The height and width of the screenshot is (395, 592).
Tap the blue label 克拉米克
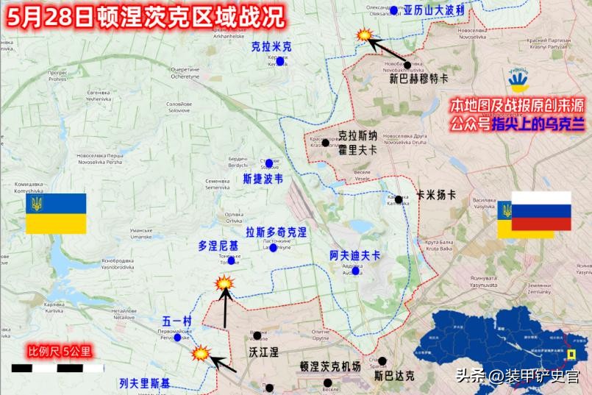click(271, 46)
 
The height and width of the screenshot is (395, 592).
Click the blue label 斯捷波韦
click(263, 178)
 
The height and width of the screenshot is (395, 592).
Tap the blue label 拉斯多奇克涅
click(276, 232)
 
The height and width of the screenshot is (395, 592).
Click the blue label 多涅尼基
click(218, 245)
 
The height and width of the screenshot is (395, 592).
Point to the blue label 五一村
click(176, 321)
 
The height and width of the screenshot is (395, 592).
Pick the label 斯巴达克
click(393, 376)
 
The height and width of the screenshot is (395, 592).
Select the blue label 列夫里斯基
click(144, 382)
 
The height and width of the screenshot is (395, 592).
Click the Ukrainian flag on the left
click(56, 213)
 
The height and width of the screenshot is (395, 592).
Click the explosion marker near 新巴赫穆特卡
click(363, 35)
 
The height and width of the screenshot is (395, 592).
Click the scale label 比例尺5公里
click(59, 350)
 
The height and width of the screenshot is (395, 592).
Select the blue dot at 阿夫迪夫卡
click(356, 271)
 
